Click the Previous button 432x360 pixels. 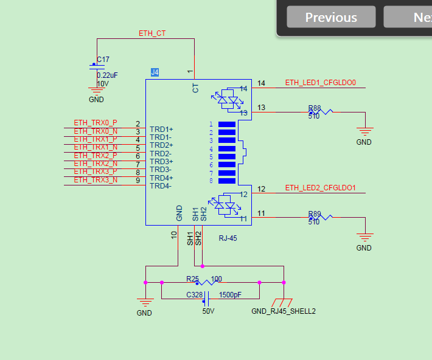tap(331, 17)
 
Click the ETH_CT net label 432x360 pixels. tap(152, 33)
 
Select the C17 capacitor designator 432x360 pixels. tap(103, 60)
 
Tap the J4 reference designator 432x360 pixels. tap(155, 72)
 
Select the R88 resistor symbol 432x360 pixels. tap(321, 112)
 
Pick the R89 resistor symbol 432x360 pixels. tap(321, 217)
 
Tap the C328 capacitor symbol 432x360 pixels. tap(206, 299)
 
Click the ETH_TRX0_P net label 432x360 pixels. tap(96, 123)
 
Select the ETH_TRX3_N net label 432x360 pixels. tap(96, 180)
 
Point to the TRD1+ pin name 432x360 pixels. tap(161, 130)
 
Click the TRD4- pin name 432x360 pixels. tap(161, 185)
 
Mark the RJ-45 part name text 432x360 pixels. tap(228, 238)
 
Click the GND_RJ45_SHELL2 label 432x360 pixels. tap(283, 311)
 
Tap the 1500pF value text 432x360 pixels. tap(230, 296)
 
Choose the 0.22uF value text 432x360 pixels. tap(107, 75)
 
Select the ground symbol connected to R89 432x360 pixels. tap(364, 238)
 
